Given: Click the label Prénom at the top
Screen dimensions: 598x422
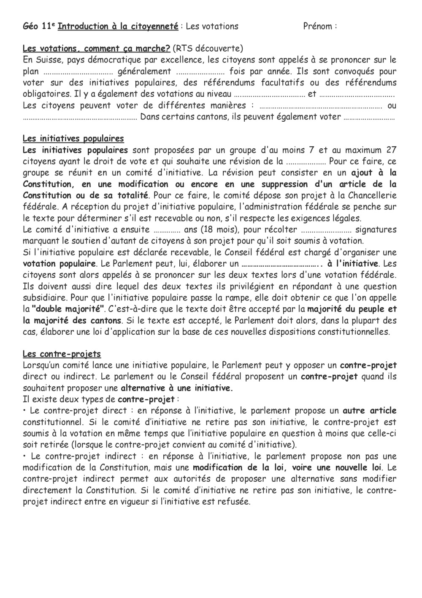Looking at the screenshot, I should point(317,27).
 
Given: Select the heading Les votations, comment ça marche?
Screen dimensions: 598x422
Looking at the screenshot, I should point(96,49).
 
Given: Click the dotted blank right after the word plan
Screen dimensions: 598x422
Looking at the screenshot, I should point(78,72).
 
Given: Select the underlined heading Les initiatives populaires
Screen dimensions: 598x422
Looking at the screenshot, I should point(73,139).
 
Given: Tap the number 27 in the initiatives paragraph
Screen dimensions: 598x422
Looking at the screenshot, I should point(391,150).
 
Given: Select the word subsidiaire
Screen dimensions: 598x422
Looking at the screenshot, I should point(45,298).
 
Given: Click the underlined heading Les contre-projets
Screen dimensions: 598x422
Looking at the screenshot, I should point(62,354).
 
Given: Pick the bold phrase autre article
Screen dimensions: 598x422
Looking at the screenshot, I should point(369,411).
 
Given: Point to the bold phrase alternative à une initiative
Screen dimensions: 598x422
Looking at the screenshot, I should point(177,388).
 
